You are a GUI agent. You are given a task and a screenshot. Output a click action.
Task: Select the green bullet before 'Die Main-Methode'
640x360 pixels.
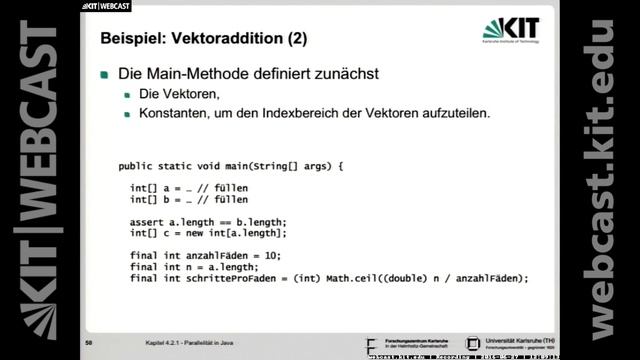tap(105, 76)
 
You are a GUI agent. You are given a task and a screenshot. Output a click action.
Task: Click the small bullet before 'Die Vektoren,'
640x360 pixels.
tap(128, 95)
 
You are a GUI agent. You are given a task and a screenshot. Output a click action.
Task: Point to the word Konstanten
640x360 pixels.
tap(176, 113)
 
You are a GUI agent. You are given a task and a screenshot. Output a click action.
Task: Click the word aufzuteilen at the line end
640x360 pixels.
tap(454, 113)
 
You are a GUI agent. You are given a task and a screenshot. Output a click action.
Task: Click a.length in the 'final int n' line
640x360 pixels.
tap(231, 267)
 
